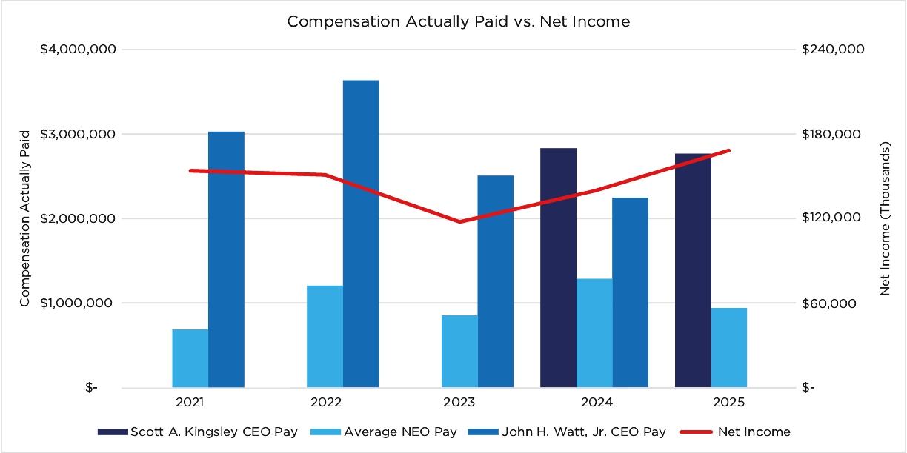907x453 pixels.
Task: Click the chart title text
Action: pos(458,21)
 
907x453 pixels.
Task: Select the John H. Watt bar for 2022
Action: pos(361,233)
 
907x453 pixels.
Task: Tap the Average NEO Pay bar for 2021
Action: pos(190,358)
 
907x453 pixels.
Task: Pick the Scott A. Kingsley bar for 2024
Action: pos(558,267)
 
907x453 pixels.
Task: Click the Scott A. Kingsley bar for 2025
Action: pos(693,270)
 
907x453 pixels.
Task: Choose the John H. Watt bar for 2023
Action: pos(496,281)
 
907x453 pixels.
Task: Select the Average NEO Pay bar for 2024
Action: pos(594,333)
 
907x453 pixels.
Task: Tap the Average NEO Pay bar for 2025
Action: pos(729,347)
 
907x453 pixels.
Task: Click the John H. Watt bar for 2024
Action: pos(631,292)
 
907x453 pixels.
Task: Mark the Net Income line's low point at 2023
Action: pos(459,221)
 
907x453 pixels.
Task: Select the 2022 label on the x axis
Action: pos(325,403)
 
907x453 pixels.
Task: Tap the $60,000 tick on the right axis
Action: pos(829,303)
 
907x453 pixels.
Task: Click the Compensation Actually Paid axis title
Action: pos(24,218)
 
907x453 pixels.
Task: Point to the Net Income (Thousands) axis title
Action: pos(885,218)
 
